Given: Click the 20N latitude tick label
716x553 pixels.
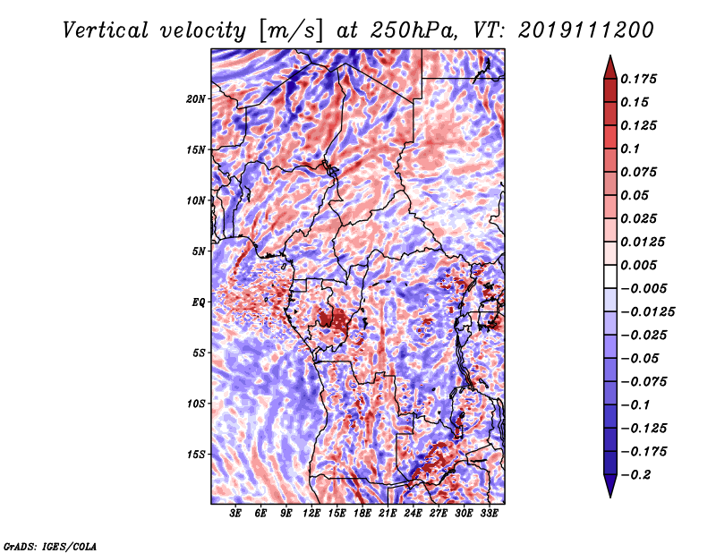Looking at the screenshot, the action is point(195,99).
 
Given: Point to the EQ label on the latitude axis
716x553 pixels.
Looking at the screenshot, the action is point(199,302).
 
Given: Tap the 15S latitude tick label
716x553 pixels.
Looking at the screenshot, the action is point(195,455).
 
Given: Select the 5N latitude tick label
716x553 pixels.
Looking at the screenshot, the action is point(199,251).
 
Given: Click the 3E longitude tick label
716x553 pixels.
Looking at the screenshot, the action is point(235,514).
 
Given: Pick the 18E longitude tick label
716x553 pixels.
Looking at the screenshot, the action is point(362,514).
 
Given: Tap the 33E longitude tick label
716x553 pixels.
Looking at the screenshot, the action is point(489,514).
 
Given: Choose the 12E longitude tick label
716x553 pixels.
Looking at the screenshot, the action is point(311,514).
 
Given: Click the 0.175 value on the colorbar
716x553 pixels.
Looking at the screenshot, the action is point(638,79).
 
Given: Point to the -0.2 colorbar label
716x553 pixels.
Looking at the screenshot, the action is point(635,475).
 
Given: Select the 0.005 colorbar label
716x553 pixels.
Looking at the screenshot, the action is point(638,265).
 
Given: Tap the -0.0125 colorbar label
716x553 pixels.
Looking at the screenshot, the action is point(647,312).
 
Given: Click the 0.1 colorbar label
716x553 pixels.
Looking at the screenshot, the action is point(630,149).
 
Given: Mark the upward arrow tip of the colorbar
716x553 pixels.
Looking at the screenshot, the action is point(610,55).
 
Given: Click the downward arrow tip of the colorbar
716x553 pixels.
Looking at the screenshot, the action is point(610,497).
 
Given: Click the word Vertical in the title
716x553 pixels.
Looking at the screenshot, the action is point(106,30).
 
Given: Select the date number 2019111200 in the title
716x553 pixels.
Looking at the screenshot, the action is point(586,30).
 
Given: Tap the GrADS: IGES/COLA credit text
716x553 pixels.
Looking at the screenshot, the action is point(50,546).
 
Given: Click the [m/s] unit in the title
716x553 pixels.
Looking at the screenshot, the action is point(291,31).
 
